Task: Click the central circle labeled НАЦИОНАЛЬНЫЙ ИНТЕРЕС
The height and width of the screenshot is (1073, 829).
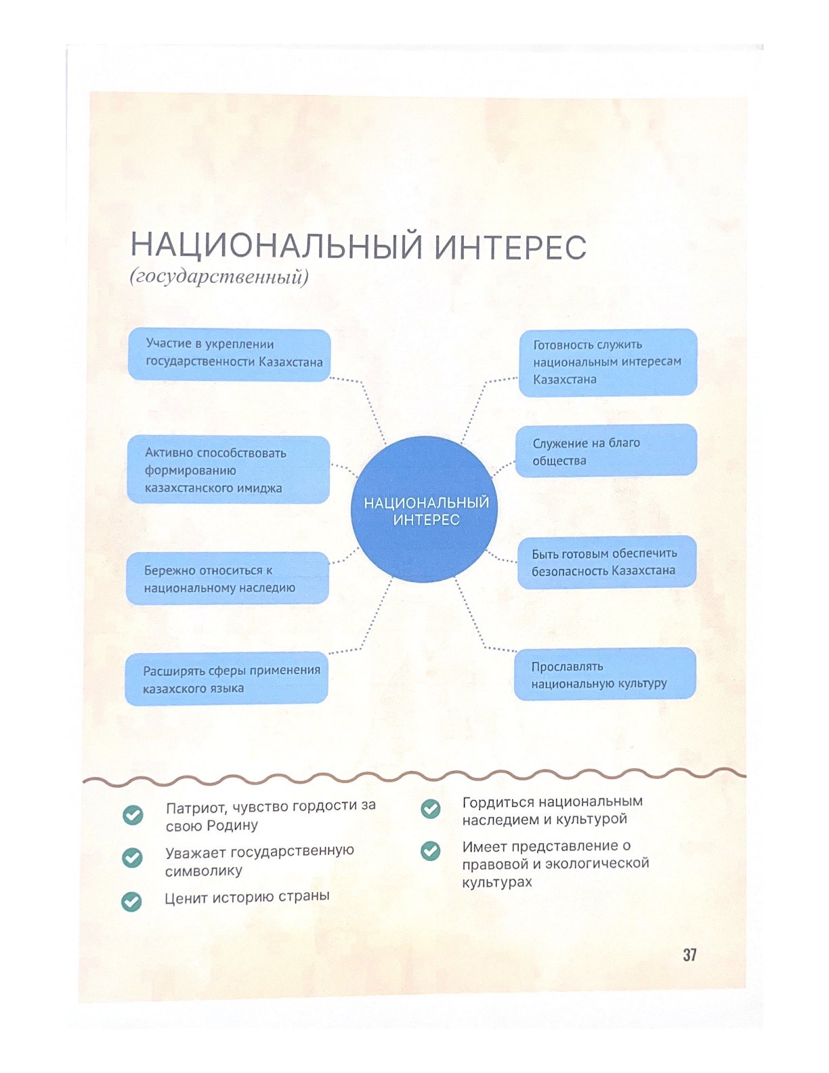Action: (x=424, y=510)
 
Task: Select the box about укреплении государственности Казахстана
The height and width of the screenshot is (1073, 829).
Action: (x=229, y=355)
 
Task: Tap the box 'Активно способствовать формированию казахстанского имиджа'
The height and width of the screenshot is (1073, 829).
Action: (x=228, y=469)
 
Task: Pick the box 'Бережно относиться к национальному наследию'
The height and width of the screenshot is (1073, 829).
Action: (x=227, y=578)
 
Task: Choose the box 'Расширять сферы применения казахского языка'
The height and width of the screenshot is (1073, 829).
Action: (x=227, y=679)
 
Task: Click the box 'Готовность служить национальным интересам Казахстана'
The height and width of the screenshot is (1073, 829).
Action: (x=608, y=362)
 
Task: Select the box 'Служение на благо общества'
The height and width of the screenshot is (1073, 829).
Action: (x=606, y=451)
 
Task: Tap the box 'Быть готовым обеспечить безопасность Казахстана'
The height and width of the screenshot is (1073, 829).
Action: (x=605, y=562)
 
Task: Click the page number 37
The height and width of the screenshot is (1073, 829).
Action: (x=689, y=954)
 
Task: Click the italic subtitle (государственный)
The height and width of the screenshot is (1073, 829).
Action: (x=219, y=278)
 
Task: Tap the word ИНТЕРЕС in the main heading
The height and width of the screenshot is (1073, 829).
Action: (x=510, y=247)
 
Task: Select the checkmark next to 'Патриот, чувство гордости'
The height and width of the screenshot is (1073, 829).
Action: (x=133, y=814)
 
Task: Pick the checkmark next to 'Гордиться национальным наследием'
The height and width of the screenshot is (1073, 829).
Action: (x=431, y=808)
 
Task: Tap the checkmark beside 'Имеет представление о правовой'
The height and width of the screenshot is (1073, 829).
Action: (x=431, y=851)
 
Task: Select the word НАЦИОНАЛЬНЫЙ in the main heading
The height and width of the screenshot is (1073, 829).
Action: (x=276, y=247)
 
